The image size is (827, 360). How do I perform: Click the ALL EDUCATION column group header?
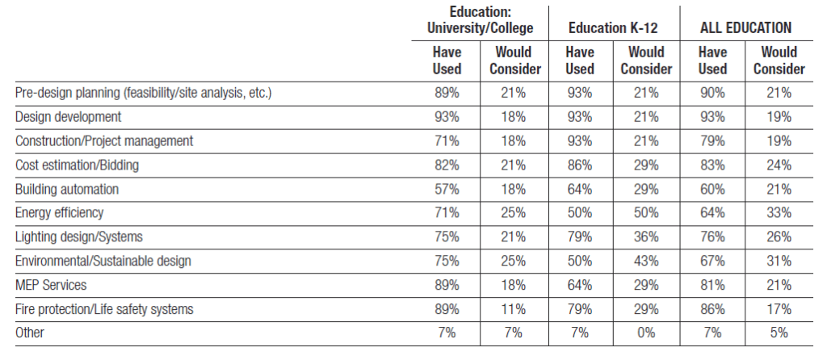click(x=745, y=28)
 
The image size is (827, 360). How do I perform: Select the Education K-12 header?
click(x=613, y=28)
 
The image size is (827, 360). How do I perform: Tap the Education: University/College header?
click(x=480, y=20)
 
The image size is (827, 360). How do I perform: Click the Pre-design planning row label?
click(x=144, y=94)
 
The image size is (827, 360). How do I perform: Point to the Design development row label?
click(x=68, y=116)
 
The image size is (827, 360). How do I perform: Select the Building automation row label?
click(x=67, y=189)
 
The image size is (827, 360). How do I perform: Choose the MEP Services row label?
click(x=51, y=285)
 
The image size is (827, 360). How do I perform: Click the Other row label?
click(x=30, y=333)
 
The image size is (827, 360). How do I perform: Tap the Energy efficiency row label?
click(x=59, y=213)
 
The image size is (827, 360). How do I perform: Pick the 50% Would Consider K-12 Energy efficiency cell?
click(x=646, y=213)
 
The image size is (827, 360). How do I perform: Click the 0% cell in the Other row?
click(x=646, y=333)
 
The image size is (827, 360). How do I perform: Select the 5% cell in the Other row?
click(x=779, y=333)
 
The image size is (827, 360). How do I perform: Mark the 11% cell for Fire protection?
click(x=513, y=309)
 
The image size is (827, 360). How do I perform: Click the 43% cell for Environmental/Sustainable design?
click(x=646, y=261)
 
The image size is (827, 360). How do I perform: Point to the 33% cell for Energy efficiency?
click(x=779, y=213)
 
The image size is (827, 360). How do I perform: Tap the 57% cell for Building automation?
click(x=447, y=189)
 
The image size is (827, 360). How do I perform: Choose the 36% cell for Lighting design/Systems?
click(x=646, y=237)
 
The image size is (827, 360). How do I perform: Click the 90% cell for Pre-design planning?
click(x=712, y=94)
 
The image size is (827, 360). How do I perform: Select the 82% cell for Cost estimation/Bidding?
click(x=447, y=165)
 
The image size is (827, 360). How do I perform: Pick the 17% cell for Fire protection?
click(x=779, y=309)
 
